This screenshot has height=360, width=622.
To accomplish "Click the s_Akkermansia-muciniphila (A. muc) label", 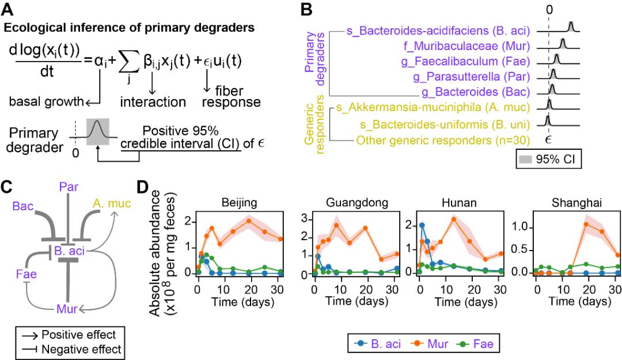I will click(437, 108).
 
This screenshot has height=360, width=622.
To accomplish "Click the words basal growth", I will click(44, 102).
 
